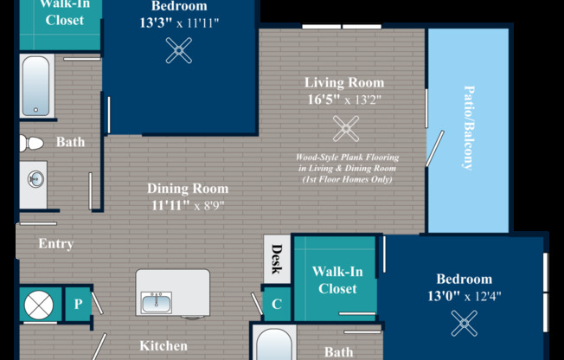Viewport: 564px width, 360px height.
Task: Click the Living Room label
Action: [344, 82]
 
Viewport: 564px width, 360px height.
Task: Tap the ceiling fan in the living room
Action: [346, 129]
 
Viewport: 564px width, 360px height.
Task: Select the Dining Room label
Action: [188, 189]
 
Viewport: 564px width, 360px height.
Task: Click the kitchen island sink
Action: [157, 302]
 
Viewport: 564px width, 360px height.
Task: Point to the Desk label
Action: [277, 259]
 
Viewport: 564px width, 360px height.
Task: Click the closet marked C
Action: [277, 305]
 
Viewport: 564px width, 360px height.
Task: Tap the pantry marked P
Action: [78, 305]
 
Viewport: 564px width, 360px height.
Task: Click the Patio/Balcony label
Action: [468, 128]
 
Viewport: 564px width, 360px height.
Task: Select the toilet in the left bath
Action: [31, 143]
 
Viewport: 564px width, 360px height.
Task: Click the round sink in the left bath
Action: [36, 179]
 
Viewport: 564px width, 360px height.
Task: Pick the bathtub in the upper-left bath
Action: [36, 86]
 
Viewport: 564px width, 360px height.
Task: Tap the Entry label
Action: [56, 244]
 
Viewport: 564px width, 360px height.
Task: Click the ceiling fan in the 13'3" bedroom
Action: [179, 50]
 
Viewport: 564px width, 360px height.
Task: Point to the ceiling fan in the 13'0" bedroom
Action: [464, 324]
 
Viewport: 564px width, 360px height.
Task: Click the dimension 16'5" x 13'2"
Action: [344, 100]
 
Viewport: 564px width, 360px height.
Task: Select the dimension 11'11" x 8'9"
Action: [188, 206]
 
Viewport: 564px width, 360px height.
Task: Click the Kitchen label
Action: [163, 346]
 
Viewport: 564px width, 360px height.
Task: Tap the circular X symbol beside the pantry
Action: [39, 305]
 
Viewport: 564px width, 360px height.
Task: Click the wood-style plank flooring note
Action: [348, 168]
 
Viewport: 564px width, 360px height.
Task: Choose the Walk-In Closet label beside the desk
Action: [337, 280]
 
